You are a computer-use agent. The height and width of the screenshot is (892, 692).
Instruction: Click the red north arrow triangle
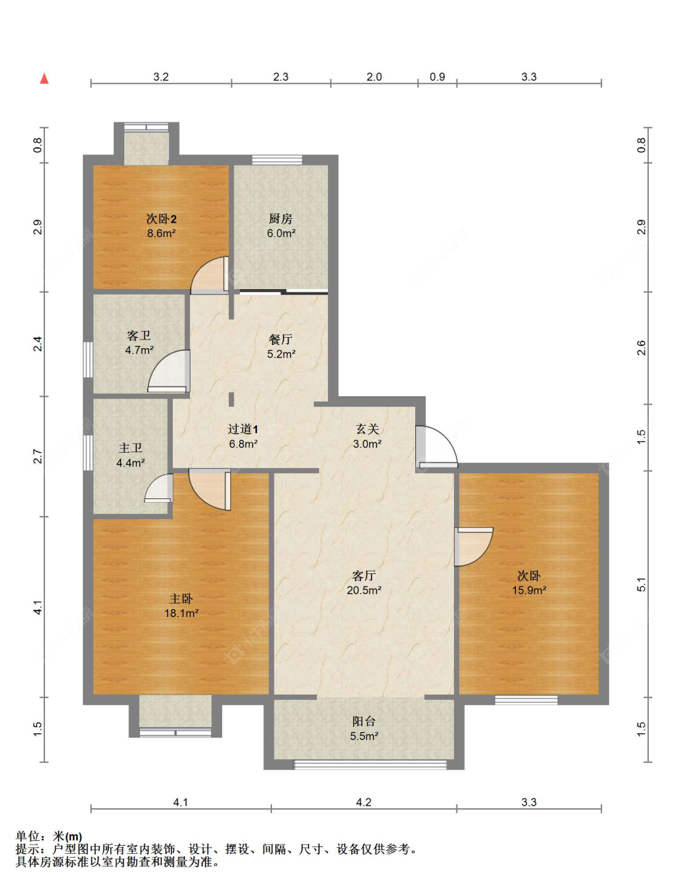tap(44, 78)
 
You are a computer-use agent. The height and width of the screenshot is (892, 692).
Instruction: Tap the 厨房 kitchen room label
tap(280, 219)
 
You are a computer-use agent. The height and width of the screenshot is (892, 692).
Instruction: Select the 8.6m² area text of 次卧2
tap(162, 234)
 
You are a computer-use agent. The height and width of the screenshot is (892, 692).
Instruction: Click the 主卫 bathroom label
tap(130, 448)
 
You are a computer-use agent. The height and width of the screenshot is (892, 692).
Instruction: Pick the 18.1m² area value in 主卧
tap(181, 613)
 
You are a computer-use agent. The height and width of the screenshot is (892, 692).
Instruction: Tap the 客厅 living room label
tap(364, 576)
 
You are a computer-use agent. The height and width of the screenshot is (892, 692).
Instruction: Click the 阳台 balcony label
tap(364, 721)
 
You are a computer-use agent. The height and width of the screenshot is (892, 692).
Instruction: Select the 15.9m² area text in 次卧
tap(529, 591)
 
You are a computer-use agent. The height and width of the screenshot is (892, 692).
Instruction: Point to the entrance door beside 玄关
tap(437, 447)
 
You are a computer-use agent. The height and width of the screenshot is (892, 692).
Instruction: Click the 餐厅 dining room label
tap(280, 340)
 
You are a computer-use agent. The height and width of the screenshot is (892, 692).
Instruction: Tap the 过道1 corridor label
tap(243, 429)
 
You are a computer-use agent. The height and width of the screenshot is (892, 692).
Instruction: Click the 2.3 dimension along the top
tap(280, 77)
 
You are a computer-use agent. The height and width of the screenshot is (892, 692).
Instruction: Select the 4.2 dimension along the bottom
tap(364, 802)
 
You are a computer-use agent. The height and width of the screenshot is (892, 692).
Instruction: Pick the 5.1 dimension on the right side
tap(641, 584)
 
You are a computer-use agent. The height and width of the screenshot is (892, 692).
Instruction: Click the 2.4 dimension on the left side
tap(38, 344)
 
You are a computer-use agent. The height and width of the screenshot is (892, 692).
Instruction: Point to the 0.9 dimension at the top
tap(437, 77)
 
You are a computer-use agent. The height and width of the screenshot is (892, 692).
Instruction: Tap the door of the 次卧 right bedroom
tap(474, 547)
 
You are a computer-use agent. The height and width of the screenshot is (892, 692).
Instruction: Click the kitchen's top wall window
tap(277, 160)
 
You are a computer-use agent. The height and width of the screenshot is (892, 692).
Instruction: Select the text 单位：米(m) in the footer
tap(49, 836)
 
